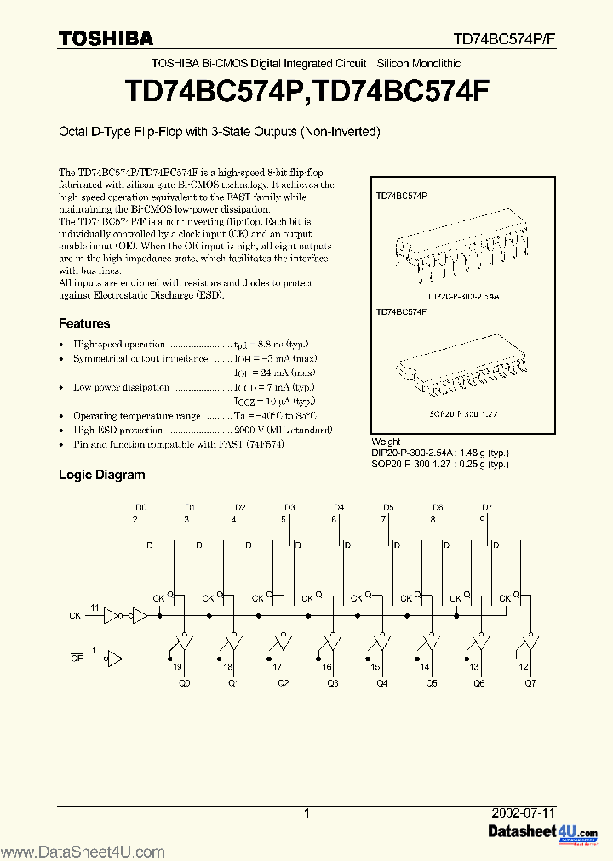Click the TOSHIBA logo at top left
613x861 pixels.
(x=106, y=37)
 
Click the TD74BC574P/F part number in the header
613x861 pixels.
(x=503, y=39)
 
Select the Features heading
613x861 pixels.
(x=83, y=323)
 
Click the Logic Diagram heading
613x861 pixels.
(x=101, y=475)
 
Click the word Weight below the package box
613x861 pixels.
(x=387, y=442)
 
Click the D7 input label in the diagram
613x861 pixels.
(x=487, y=507)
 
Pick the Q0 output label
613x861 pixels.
(x=185, y=682)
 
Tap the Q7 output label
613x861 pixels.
(x=530, y=682)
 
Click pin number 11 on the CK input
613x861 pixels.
(x=95, y=607)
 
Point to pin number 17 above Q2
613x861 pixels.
(x=278, y=668)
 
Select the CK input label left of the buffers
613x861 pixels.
(x=75, y=614)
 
